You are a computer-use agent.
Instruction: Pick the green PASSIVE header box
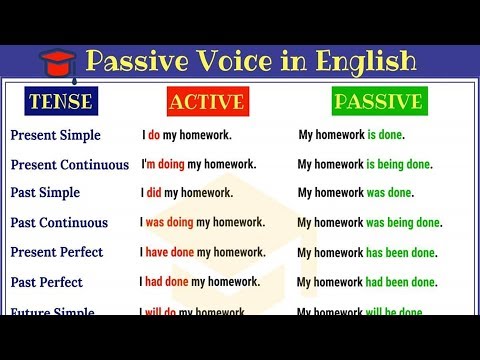point(379,101)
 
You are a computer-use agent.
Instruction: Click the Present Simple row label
point(55,134)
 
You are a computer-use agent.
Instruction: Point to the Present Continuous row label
point(69,164)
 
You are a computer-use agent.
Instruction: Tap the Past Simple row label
point(45,193)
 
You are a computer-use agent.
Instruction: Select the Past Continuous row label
point(59,223)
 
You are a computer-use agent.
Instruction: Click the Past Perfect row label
point(46,282)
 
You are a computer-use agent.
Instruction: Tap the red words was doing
point(169,223)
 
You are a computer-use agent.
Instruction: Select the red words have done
point(170,253)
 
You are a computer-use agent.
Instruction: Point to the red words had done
point(167,282)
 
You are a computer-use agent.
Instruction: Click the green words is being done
point(398,164)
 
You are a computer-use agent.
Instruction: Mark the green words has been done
point(400,253)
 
